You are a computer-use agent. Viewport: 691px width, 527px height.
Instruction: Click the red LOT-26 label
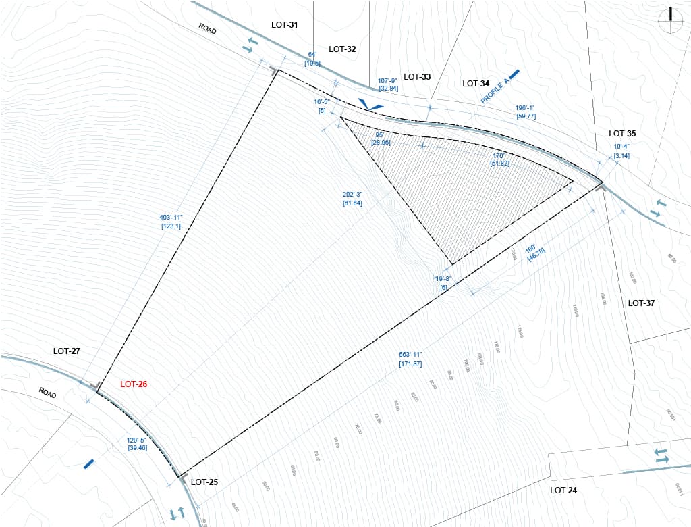(134, 384)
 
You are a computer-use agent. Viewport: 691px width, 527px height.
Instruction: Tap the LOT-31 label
(284, 25)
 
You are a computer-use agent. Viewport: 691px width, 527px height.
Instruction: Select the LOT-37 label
(641, 303)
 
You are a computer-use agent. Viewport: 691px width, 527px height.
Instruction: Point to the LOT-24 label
(563, 490)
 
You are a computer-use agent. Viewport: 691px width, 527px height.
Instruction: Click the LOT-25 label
(204, 482)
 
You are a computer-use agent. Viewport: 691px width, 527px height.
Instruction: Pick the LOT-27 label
(67, 351)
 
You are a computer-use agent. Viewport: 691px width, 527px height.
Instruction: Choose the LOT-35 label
(622, 134)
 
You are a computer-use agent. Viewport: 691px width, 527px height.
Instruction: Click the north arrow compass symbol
(670, 20)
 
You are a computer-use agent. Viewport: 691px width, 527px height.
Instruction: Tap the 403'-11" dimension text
(171, 217)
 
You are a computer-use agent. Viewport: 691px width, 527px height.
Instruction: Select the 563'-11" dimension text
(411, 355)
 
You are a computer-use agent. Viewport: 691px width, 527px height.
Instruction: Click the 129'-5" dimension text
(137, 440)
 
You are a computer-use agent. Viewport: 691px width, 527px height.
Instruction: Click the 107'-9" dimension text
(389, 80)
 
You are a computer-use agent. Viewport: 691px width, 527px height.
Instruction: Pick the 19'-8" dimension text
(443, 278)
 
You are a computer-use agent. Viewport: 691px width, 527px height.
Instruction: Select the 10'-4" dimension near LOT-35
(621, 147)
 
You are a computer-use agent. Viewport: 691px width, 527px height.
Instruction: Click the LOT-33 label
(417, 76)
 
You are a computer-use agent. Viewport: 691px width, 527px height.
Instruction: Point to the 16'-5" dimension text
(322, 102)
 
